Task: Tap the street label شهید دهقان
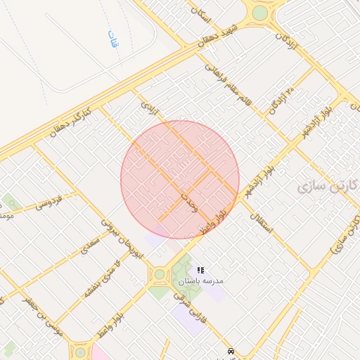pos(218,37)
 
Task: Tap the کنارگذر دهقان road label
pos(72,121)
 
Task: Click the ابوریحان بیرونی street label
pos(132,239)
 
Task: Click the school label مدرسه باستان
pos(200,281)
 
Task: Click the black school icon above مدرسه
pos(200,270)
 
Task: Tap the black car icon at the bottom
pos(230,350)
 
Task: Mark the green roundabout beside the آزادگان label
pos(260,13)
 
